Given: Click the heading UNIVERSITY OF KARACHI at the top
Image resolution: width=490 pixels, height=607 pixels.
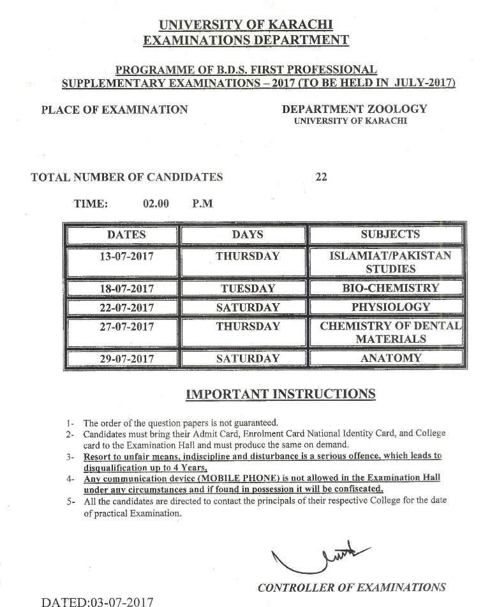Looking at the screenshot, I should click(246, 26).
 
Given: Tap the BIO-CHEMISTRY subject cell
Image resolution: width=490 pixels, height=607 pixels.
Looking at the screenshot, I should click(390, 288).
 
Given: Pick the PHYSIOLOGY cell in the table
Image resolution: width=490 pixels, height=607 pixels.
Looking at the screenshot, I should click(390, 307).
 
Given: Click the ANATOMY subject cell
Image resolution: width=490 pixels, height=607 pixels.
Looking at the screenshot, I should click(390, 358).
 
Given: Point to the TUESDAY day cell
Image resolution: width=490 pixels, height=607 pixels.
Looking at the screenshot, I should click(248, 289).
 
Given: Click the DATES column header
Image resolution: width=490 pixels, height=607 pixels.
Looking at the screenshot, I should click(126, 234).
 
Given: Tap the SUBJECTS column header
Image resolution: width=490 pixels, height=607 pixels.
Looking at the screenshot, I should click(390, 234).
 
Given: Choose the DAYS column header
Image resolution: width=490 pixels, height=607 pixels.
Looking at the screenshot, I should click(248, 234).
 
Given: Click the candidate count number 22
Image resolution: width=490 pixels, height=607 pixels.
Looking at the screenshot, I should click(321, 177).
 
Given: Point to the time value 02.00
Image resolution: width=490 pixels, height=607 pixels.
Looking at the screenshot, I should click(156, 204).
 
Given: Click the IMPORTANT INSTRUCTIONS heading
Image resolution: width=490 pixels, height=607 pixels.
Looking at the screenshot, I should click(280, 394).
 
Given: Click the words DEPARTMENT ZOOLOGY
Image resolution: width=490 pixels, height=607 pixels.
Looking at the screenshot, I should click(354, 109).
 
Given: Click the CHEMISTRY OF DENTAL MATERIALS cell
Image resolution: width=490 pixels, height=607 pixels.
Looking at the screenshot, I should click(390, 332).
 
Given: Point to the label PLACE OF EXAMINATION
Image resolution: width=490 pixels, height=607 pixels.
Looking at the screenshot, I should click(114, 110).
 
